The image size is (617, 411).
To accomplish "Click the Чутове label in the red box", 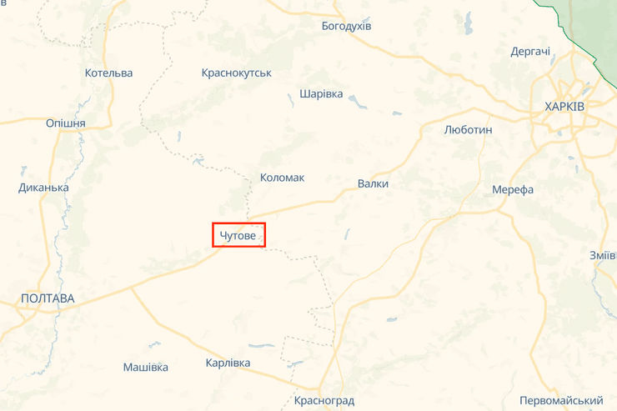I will (238, 237).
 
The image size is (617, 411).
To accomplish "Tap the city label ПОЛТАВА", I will (48, 298).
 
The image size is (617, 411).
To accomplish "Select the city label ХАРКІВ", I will (564, 107).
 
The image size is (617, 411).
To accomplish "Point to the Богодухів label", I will (346, 26).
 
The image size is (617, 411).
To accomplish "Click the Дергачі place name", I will (530, 52).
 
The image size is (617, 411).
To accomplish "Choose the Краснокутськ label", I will (237, 73).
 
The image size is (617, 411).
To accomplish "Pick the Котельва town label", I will (108, 73).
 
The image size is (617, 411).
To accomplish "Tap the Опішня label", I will (66, 123).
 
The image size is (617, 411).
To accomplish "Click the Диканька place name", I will (43, 188).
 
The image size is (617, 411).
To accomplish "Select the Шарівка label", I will (321, 93).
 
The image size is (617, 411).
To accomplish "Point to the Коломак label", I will (282, 178).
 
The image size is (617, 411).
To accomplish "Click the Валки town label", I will (373, 183).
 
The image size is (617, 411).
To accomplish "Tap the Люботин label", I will (469, 130).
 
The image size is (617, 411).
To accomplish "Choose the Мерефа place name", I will (513, 189).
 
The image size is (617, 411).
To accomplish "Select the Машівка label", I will (145, 367).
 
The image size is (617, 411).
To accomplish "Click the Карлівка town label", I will (228, 363).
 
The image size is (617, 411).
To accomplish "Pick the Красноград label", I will (324, 401).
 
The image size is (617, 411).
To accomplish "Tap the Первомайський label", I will (560, 401).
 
